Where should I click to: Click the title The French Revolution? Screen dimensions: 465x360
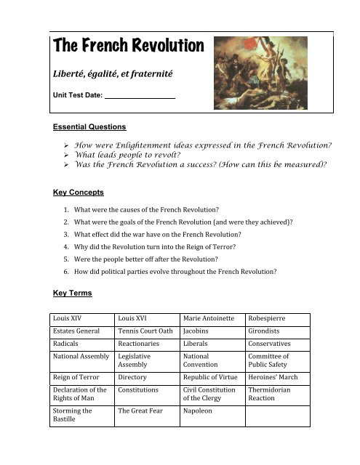pos(127,47)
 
